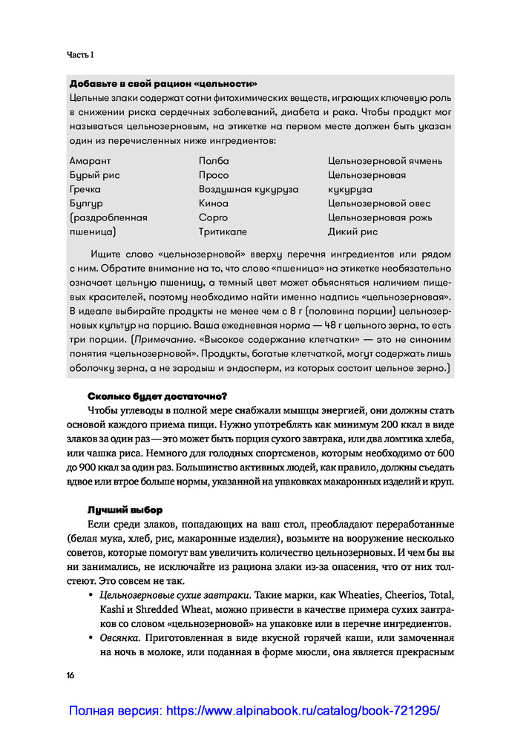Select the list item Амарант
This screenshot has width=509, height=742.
[x=90, y=161]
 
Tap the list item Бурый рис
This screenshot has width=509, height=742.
[x=94, y=175]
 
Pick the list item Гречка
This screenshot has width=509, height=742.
[x=85, y=189]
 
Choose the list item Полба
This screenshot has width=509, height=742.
[x=214, y=161]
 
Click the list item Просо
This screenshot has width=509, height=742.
[x=214, y=175]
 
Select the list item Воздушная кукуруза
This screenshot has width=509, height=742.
[x=249, y=189]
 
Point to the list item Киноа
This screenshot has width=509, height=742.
[x=214, y=203]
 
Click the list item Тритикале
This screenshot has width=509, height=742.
[x=223, y=232]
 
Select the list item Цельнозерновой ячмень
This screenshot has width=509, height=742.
[x=385, y=161]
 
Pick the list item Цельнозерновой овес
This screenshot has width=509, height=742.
[x=379, y=203]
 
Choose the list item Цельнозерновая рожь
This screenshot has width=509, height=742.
[x=380, y=217]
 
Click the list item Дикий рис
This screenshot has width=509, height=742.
[x=352, y=232]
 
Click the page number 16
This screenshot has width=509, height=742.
[x=70, y=674]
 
